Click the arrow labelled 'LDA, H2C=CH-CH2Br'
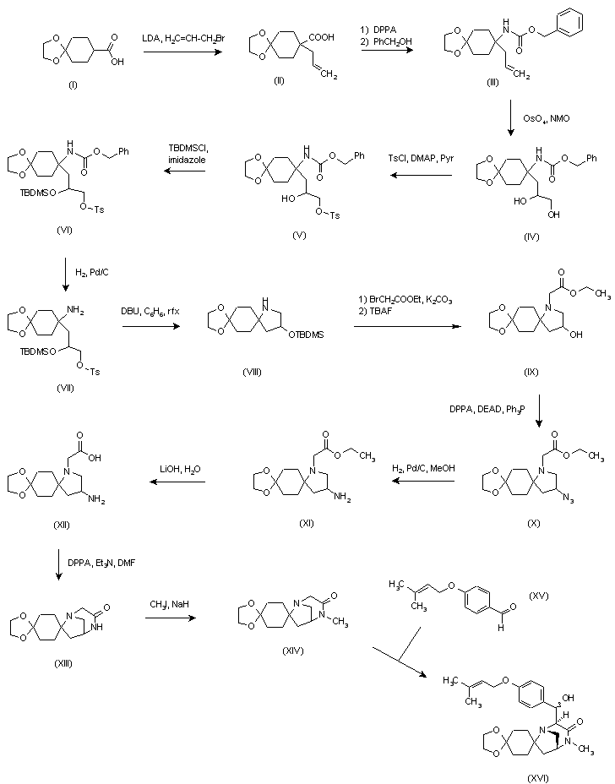[183, 53]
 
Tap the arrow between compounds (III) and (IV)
[511, 118]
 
